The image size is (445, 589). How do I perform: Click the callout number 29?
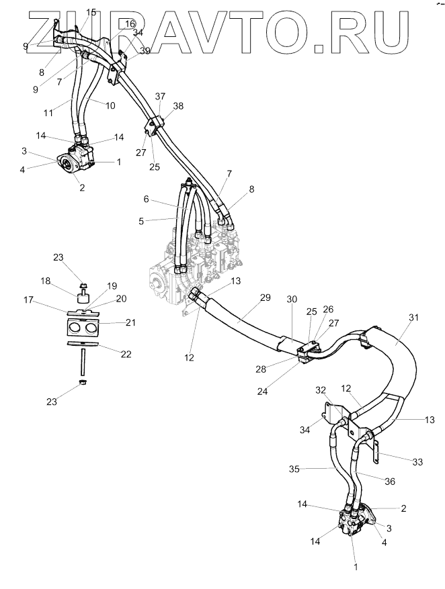(266, 298)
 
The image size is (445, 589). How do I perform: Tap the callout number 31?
(413, 318)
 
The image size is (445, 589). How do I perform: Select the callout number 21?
(130, 322)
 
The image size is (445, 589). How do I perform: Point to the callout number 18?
(46, 281)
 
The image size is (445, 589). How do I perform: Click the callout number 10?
(110, 105)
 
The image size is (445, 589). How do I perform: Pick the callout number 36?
(390, 481)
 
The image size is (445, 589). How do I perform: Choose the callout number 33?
(417, 461)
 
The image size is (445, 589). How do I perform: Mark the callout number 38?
(178, 106)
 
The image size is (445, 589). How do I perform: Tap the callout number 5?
(141, 221)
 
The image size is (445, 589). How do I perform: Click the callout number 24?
(262, 391)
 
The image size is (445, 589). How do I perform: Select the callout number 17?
(28, 300)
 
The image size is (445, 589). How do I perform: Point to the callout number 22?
(126, 354)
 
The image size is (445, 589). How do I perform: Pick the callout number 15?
(91, 12)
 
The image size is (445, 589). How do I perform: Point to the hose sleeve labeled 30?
(290, 344)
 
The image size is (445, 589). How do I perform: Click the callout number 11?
(48, 112)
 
